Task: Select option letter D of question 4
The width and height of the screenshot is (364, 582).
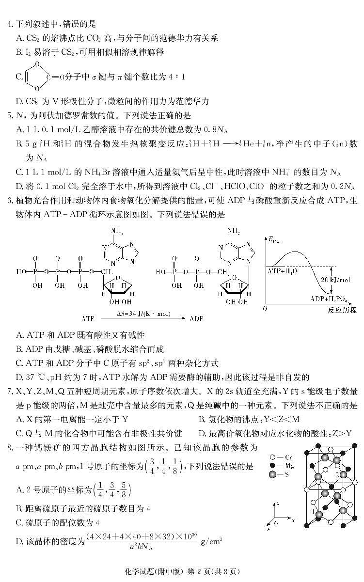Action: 20,101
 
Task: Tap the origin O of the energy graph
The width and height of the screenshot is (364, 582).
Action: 265,308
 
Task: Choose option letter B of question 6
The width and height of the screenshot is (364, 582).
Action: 20,349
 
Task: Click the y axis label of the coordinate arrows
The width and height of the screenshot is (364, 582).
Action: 294,519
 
